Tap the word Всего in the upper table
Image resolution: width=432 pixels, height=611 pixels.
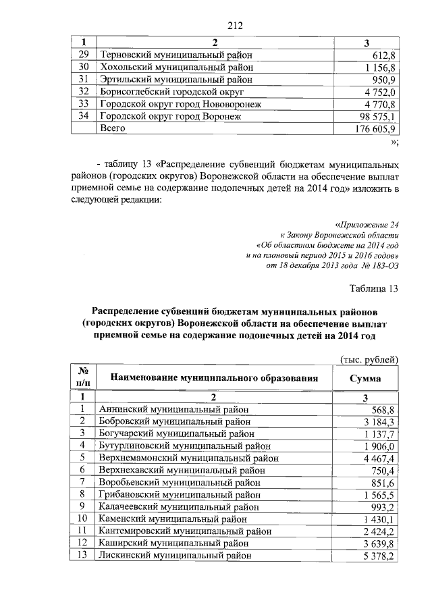point(113,128)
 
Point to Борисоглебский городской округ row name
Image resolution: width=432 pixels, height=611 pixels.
point(171,91)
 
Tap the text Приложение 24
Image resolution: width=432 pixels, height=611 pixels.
point(368,224)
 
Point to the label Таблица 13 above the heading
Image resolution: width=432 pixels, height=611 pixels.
point(374,289)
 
